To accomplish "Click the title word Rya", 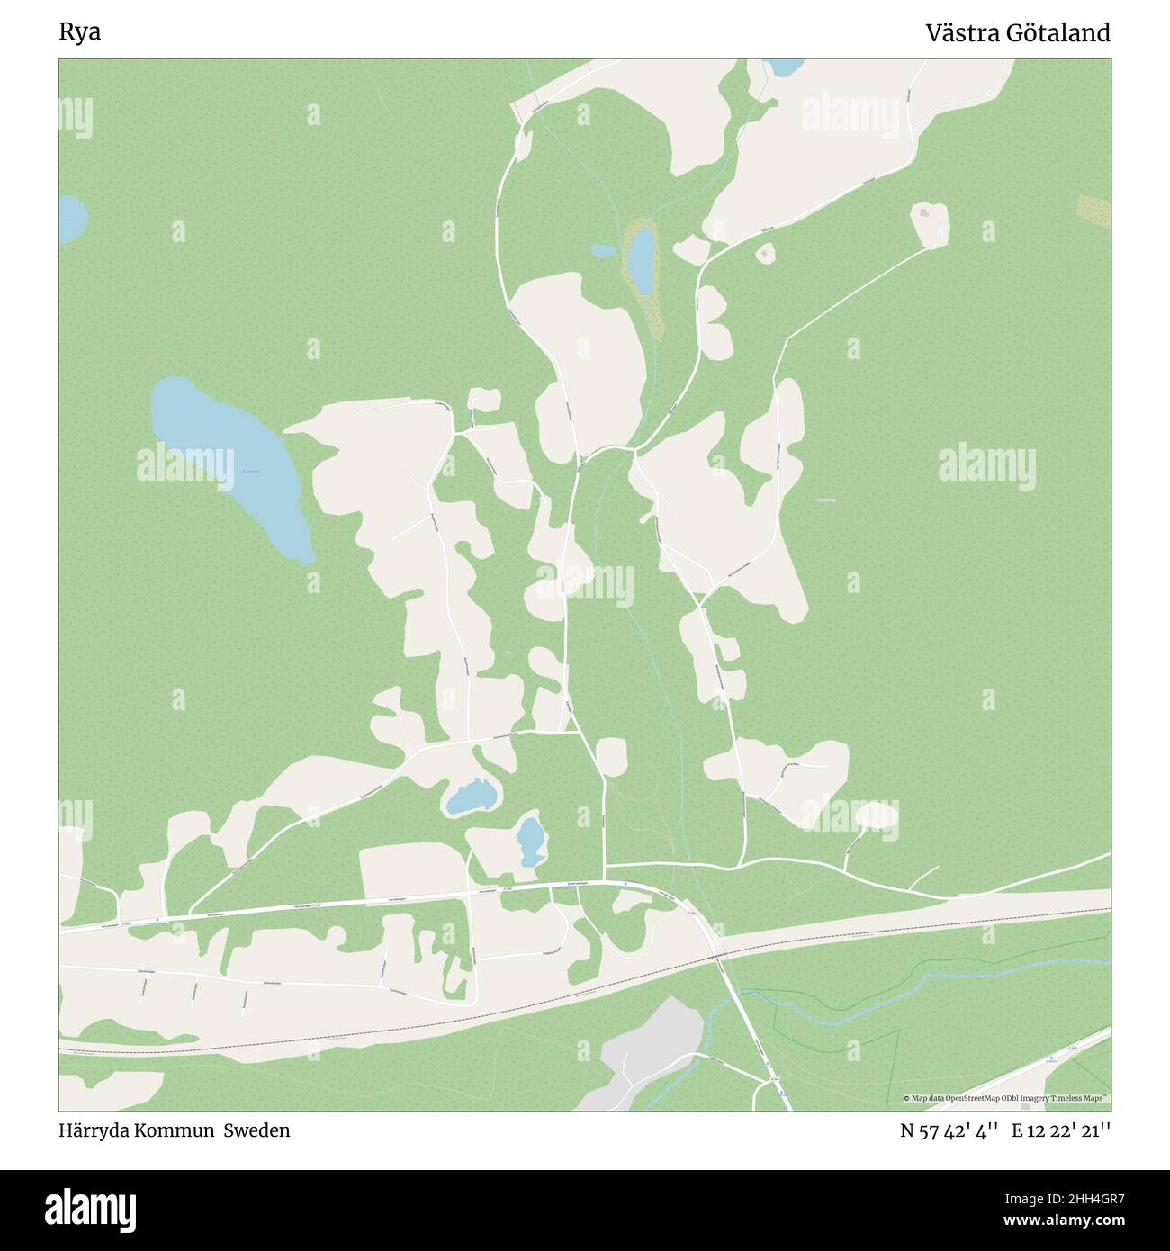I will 80,33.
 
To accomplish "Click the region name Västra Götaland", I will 1018,33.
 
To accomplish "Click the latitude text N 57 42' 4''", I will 950,1130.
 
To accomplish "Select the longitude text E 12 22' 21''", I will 1061,1130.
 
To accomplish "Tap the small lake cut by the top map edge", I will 784,67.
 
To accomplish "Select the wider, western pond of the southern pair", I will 471,796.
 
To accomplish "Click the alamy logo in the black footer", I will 91,1210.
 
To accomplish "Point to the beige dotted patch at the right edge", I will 1093,210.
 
